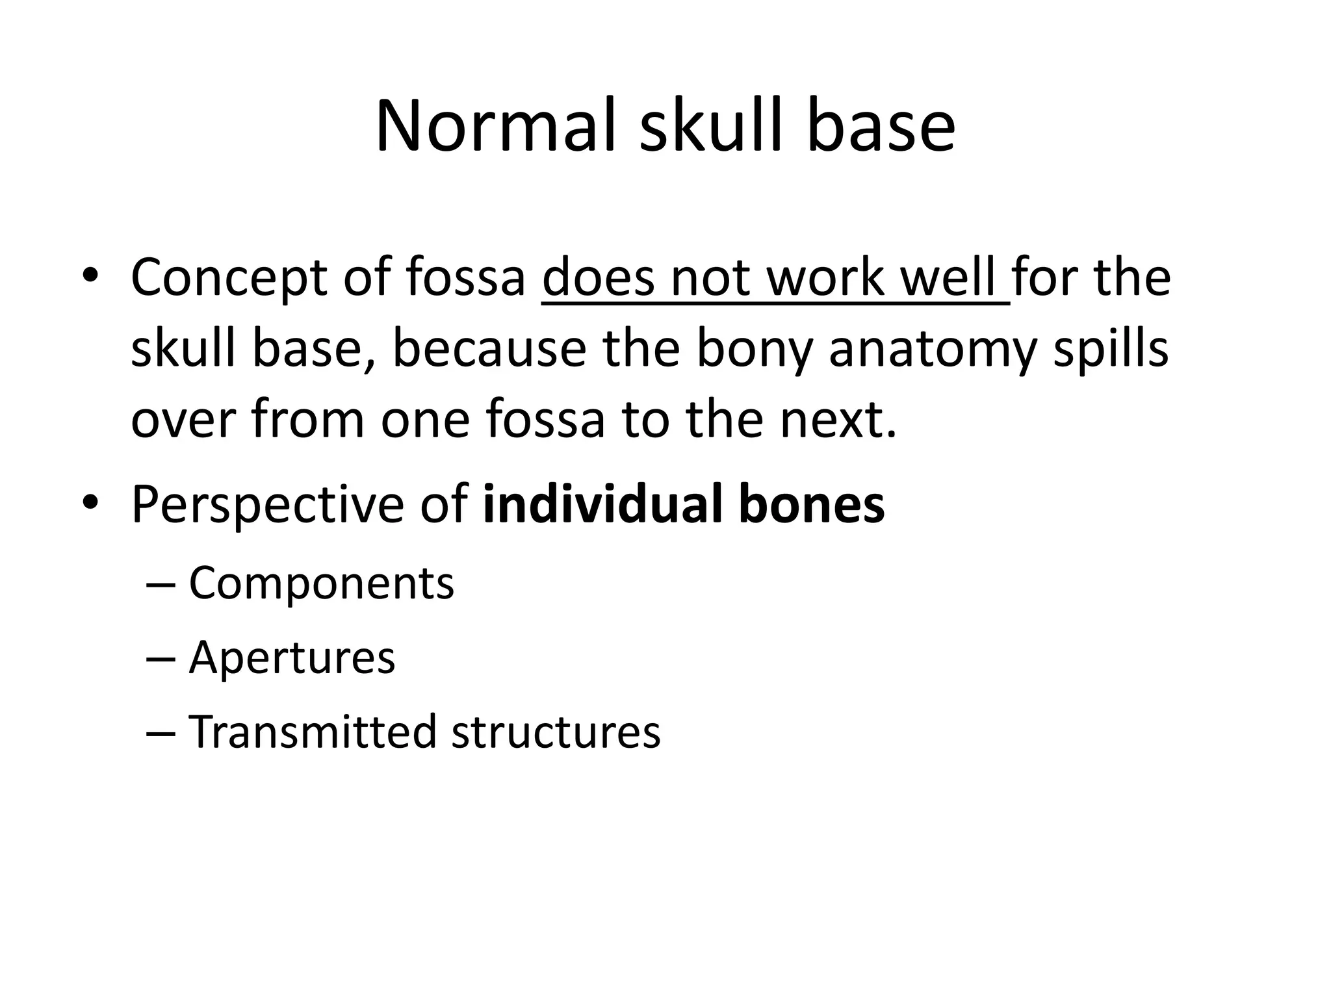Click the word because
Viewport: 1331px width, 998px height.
(490, 350)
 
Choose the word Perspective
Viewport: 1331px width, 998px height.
(267, 505)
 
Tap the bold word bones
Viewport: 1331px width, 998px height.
(811, 504)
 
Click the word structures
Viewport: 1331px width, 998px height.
(556, 732)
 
